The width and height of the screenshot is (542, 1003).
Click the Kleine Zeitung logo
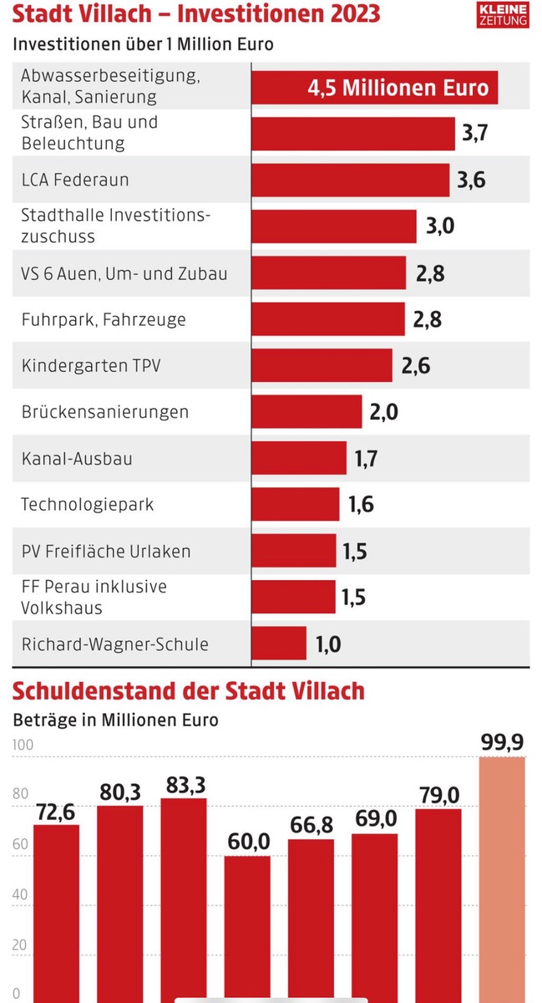(503, 15)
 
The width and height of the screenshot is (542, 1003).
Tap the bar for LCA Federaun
(352, 180)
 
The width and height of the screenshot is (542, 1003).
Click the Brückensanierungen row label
(105, 412)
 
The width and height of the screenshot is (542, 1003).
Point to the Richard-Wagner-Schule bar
(279, 644)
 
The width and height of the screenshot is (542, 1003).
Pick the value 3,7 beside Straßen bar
(474, 133)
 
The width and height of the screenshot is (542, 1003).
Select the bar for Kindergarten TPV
(322, 365)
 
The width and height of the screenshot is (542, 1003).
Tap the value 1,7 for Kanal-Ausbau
(365, 458)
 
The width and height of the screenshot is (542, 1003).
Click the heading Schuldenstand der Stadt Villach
(187, 691)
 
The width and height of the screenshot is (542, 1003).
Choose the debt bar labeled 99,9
(502, 878)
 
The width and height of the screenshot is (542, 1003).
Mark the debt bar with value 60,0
(248, 928)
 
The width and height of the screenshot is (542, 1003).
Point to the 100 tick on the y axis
(21, 746)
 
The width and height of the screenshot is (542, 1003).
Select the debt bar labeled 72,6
(57, 911)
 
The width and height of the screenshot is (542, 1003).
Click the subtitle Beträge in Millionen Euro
(115, 720)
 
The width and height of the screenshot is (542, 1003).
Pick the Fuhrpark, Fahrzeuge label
(104, 319)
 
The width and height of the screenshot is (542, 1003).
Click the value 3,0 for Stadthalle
(439, 226)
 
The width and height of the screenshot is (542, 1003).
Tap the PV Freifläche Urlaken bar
(294, 551)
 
